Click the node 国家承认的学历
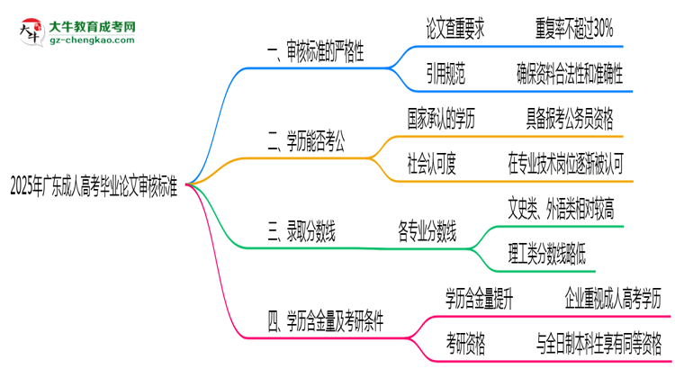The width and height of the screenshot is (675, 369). click(x=454, y=118)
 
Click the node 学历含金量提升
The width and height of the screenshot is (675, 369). click(x=479, y=298)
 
